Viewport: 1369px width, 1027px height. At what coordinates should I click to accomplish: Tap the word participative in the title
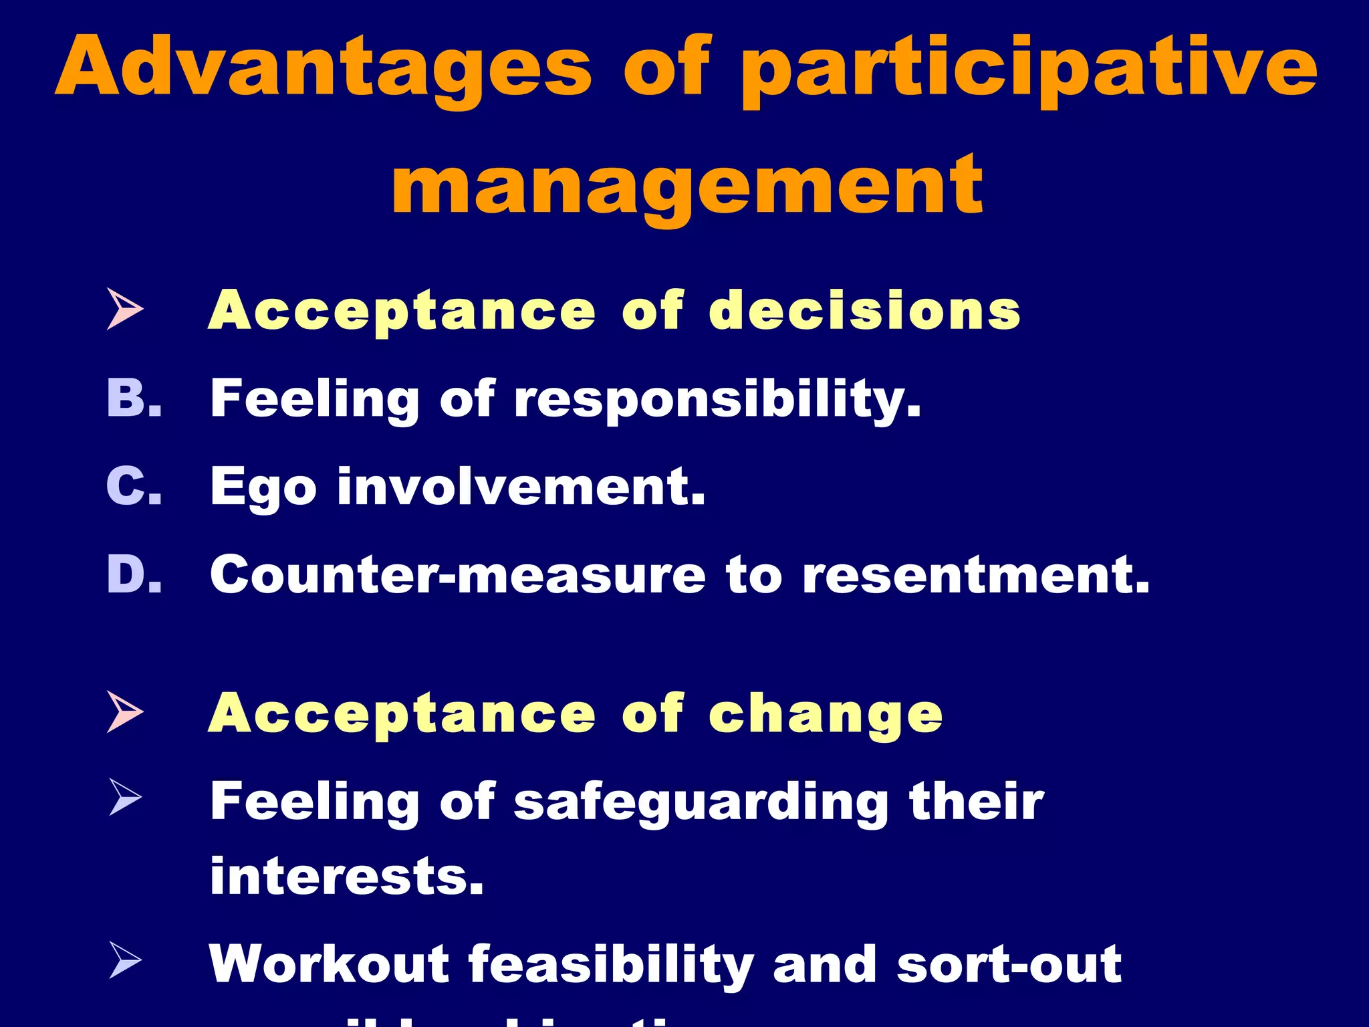tap(1029, 70)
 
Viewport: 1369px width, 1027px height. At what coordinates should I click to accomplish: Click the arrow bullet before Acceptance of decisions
tap(125, 309)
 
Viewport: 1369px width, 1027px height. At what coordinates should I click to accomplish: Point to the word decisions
tap(864, 311)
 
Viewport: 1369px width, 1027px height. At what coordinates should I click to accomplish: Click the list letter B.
tap(134, 398)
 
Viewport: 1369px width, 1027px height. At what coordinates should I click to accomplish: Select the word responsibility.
tap(717, 400)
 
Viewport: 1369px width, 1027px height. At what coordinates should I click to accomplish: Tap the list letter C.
tap(134, 486)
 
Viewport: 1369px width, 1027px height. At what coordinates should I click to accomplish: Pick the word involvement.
tap(521, 486)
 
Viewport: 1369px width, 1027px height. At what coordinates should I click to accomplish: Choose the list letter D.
tap(134, 574)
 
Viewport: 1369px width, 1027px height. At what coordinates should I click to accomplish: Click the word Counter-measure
tap(457, 574)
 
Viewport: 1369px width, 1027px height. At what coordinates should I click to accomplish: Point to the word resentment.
tap(975, 574)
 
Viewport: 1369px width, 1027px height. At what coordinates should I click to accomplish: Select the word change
tap(826, 715)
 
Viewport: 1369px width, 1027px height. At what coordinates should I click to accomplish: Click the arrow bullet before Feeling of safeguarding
tap(125, 798)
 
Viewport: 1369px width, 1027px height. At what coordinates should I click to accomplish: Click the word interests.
tap(346, 876)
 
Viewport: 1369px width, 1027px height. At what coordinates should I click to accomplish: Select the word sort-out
tap(1009, 964)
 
